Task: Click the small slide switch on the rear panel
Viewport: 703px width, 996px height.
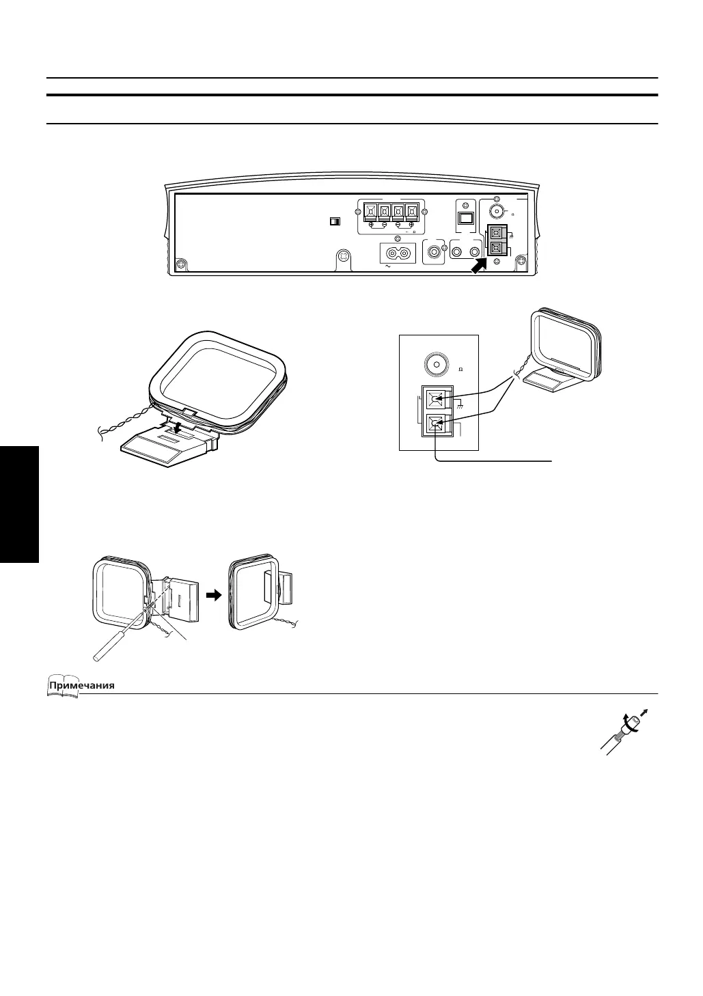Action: coord(334,221)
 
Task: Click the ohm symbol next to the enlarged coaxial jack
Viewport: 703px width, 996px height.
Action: coord(461,370)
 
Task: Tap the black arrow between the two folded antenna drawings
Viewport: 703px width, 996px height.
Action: coord(215,595)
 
